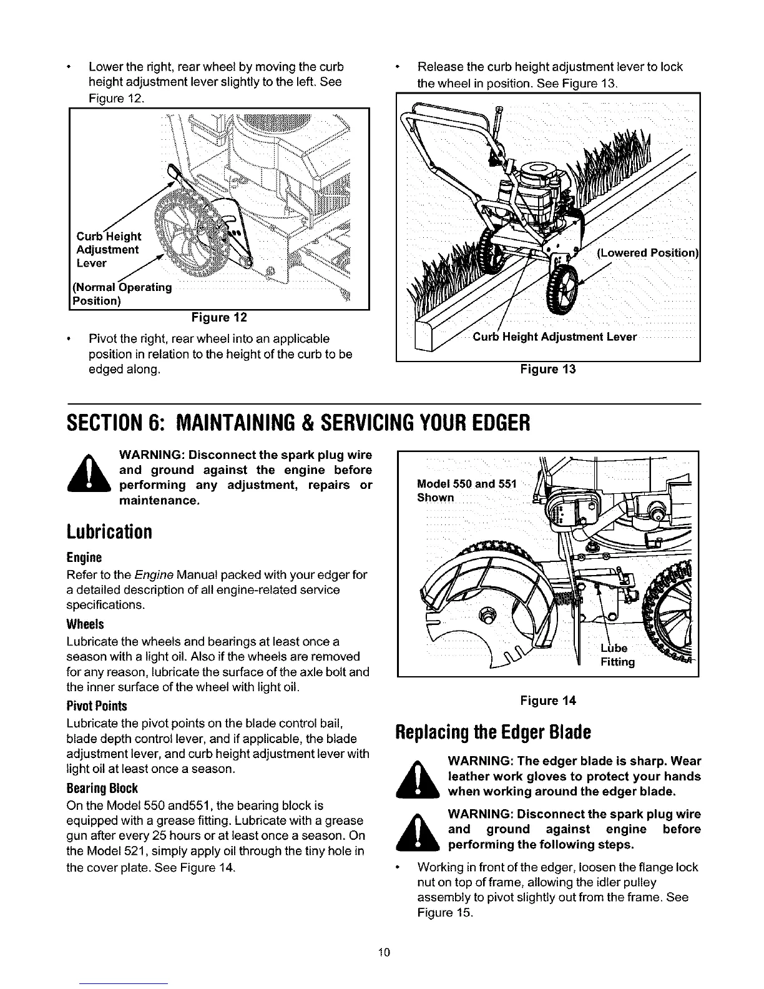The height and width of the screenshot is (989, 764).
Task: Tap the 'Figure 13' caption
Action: tap(547, 369)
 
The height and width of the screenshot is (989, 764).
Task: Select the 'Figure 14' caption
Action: tap(547, 701)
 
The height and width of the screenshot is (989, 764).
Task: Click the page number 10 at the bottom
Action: tap(383, 952)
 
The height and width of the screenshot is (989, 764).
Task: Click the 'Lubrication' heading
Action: tap(109, 533)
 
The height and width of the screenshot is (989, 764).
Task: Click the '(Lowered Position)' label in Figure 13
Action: tap(646, 253)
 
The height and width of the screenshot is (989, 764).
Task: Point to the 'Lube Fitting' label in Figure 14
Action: tap(617, 654)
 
